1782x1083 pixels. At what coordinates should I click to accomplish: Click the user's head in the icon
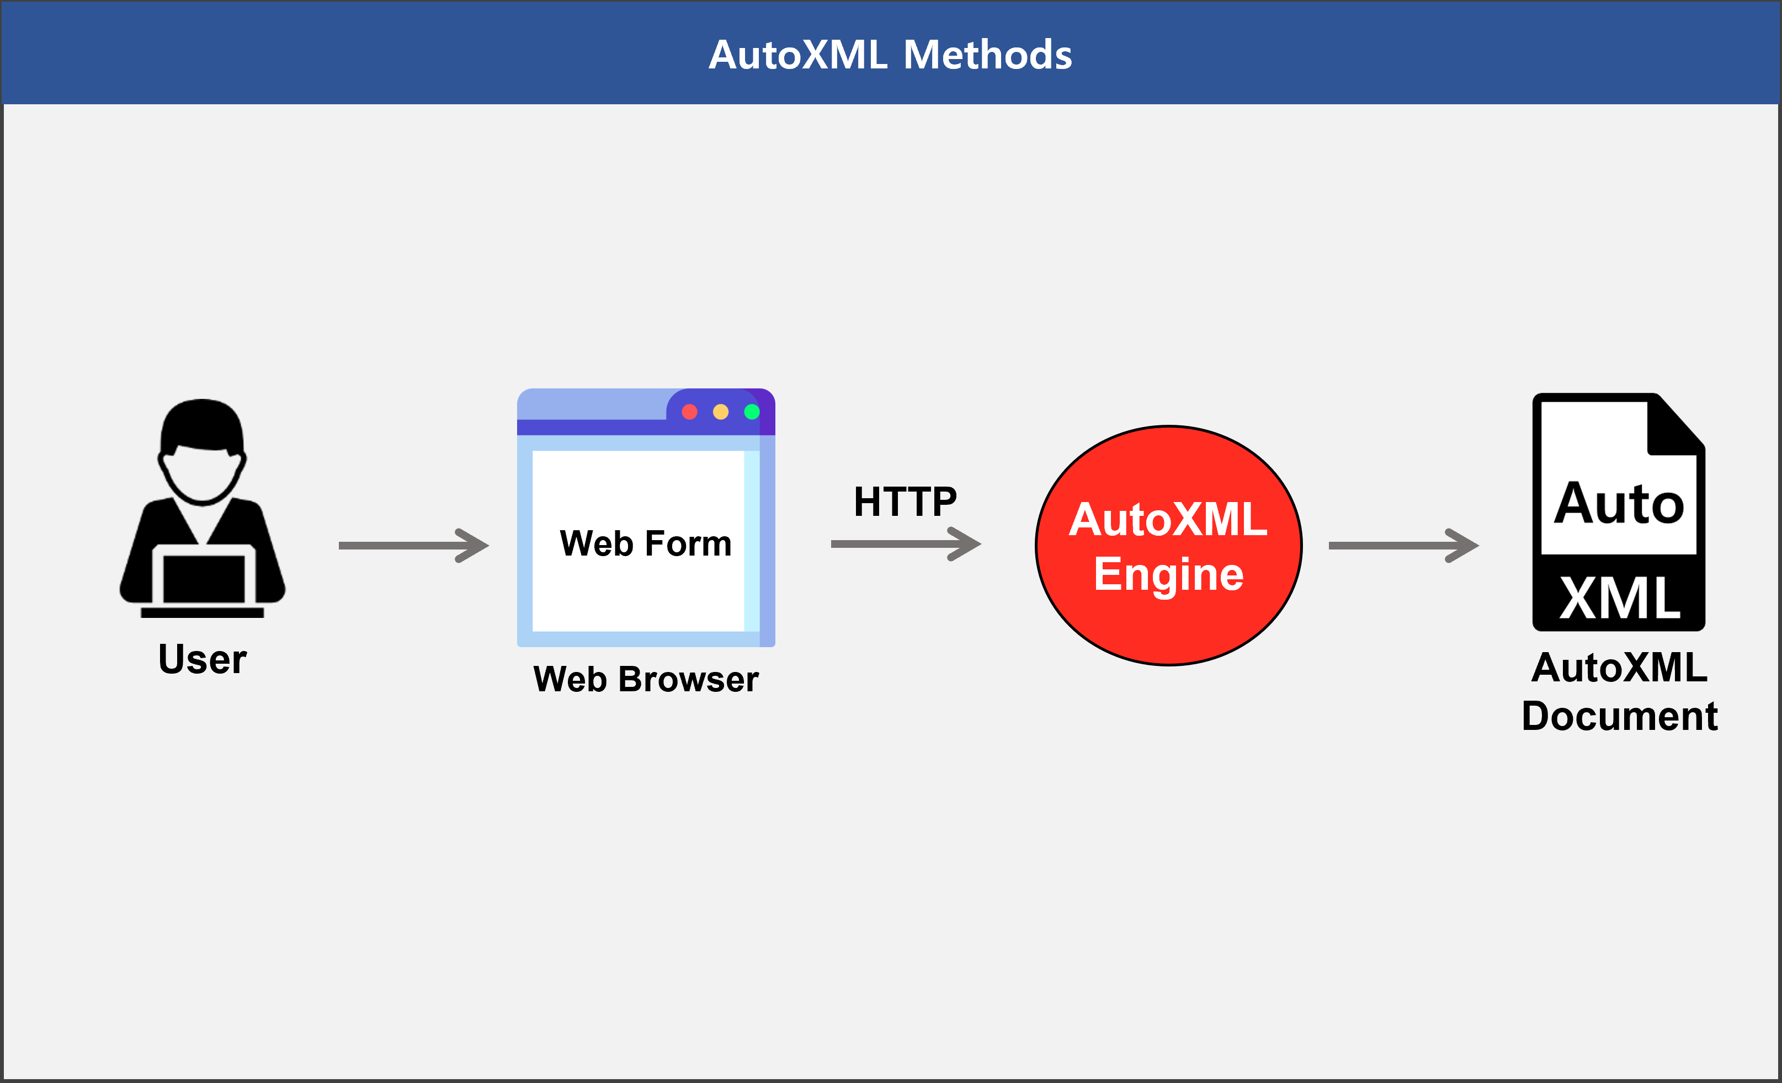[202, 451]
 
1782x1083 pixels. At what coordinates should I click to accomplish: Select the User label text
[203, 659]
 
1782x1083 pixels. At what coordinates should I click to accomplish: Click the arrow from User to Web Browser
[414, 545]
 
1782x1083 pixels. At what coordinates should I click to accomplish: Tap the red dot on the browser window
[689, 412]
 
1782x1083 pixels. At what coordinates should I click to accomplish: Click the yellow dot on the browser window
[720, 412]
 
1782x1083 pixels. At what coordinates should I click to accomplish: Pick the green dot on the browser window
[752, 412]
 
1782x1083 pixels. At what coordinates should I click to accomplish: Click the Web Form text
[646, 543]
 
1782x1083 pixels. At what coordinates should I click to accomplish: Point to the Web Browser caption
[646, 680]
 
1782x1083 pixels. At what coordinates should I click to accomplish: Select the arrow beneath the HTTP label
[906, 543]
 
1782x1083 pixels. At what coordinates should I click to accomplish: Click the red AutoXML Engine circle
[1169, 545]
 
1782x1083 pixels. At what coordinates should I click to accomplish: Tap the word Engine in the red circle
[1169, 575]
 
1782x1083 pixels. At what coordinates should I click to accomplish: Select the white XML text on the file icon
[1620, 599]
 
